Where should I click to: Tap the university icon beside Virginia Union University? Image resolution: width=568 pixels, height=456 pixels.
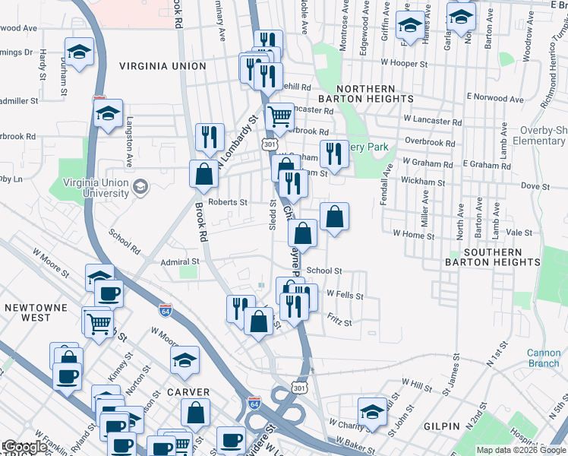[x=140, y=187]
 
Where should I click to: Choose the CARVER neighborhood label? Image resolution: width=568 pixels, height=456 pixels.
[x=188, y=392]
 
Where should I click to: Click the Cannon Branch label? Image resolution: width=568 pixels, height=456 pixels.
[x=544, y=358]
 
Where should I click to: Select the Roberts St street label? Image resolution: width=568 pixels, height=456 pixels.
[x=228, y=202]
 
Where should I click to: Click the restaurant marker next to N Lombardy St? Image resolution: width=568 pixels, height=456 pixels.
[x=210, y=138]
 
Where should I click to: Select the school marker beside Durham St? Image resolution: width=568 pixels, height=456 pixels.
[x=79, y=52]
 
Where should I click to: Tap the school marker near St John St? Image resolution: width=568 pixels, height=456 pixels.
[x=372, y=412]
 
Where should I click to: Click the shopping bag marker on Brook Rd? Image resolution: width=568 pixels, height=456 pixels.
[x=204, y=174]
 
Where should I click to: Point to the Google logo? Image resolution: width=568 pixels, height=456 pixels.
[x=25, y=448]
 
